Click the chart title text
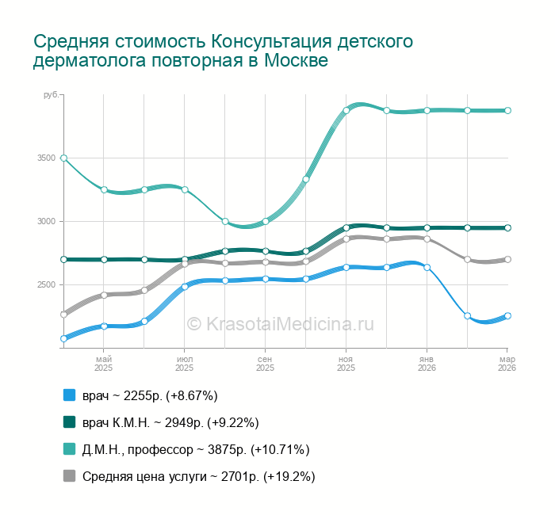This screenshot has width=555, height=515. (x=223, y=51)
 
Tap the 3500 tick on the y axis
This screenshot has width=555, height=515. (x=46, y=158)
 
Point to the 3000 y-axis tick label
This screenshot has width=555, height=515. (x=46, y=222)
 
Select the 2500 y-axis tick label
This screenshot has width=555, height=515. (x=46, y=285)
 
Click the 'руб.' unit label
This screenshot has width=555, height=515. (x=51, y=95)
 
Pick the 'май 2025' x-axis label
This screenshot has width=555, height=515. (x=104, y=364)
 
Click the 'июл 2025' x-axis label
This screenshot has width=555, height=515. (x=185, y=364)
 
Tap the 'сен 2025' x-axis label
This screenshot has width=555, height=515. (x=266, y=364)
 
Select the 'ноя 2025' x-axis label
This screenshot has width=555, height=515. (x=346, y=364)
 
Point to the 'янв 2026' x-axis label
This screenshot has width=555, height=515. (x=427, y=364)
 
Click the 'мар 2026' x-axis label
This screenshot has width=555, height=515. (x=507, y=364)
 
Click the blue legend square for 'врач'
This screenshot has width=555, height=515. (x=69, y=395)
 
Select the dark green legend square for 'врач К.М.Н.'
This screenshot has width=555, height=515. (x=69, y=422)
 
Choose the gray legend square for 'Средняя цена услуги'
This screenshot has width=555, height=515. (x=69, y=476)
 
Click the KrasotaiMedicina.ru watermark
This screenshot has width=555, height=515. (x=279, y=323)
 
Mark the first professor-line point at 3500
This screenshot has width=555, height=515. (x=63, y=158)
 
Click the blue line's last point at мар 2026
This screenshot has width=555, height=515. (x=507, y=315)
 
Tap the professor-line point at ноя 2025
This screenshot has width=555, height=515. (x=346, y=111)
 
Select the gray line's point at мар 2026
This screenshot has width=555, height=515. (x=507, y=259)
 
